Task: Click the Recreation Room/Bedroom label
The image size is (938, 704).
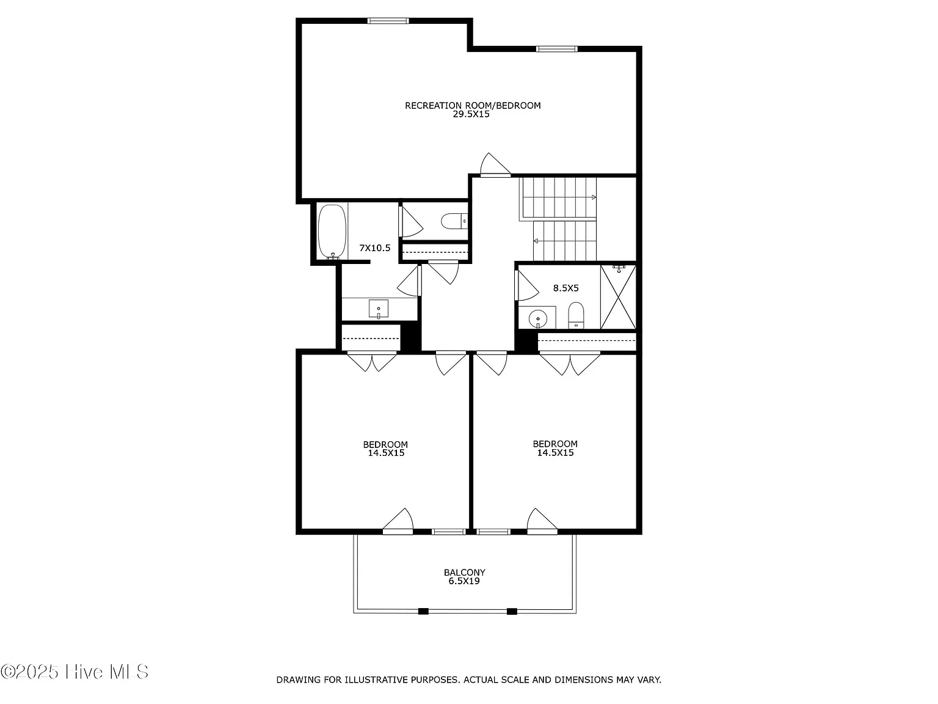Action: (x=473, y=105)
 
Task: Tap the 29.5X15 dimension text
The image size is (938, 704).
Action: (x=471, y=114)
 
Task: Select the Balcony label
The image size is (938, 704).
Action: (x=464, y=573)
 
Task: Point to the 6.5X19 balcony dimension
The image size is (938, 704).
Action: (x=464, y=581)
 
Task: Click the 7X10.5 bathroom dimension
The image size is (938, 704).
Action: (x=375, y=248)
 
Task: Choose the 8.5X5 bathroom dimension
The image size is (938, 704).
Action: (x=565, y=288)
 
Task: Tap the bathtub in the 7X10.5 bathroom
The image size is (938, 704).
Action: (x=332, y=232)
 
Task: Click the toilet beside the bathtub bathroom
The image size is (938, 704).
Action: (x=454, y=221)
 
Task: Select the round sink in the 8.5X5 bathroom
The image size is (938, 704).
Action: (x=537, y=319)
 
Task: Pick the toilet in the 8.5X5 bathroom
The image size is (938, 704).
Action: (x=576, y=315)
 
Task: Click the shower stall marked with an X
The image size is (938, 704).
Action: (x=618, y=297)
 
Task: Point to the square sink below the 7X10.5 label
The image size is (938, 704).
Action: (x=379, y=309)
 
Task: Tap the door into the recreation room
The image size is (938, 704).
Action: (x=495, y=165)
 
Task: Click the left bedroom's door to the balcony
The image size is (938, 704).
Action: (x=398, y=521)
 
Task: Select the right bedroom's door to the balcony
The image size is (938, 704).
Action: (x=542, y=521)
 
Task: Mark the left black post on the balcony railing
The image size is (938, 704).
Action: (x=423, y=611)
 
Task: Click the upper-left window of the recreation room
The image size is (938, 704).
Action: (x=388, y=21)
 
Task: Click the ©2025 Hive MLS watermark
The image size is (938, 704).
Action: (x=75, y=672)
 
